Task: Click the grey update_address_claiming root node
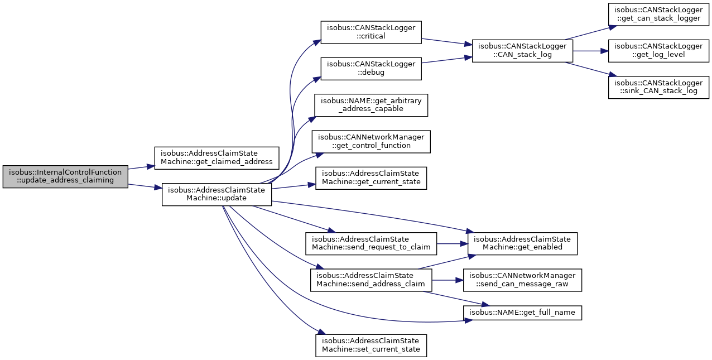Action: pyautogui.click(x=65, y=176)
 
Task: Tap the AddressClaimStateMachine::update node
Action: pyautogui.click(x=217, y=194)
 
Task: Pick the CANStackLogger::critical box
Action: pyautogui.click(x=371, y=32)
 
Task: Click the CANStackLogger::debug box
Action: pyautogui.click(x=371, y=68)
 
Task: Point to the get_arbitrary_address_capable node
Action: pyautogui.click(x=371, y=105)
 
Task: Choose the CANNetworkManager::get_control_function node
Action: pyautogui.click(x=371, y=141)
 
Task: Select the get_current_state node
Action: pyautogui.click(x=371, y=178)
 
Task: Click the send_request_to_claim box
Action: pyautogui.click(x=371, y=243)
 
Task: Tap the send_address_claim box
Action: pyautogui.click(x=371, y=280)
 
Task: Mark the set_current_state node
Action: pyautogui.click(x=371, y=345)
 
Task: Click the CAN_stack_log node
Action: pyautogui.click(x=522, y=50)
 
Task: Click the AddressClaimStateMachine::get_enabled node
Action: pyautogui.click(x=522, y=243)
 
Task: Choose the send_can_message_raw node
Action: pyautogui.click(x=522, y=280)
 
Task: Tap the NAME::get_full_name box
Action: pyautogui.click(x=522, y=312)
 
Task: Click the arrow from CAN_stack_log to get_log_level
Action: pyautogui.click(x=589, y=50)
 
